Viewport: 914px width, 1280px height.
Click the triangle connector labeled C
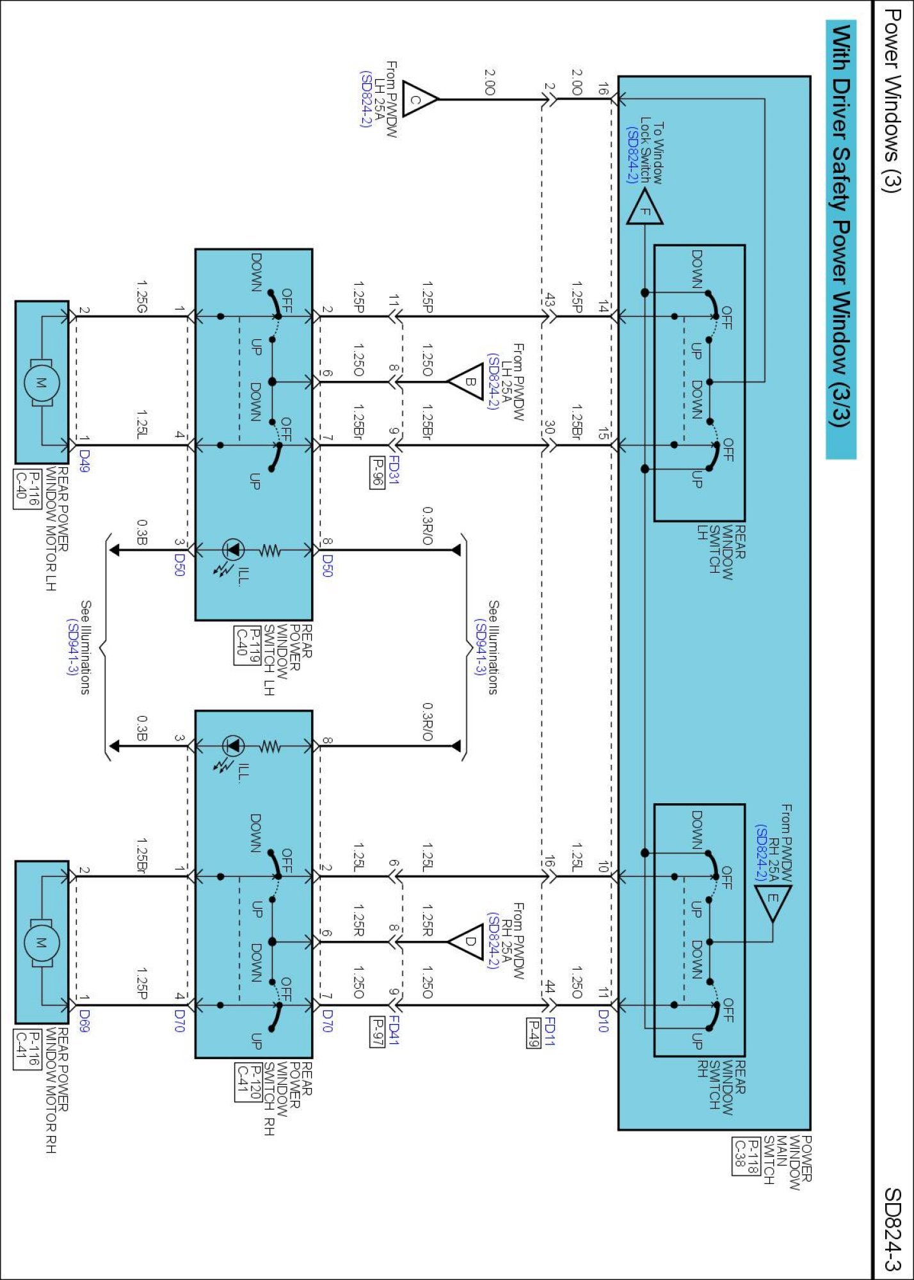coord(418,100)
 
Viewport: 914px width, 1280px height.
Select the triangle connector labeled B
coord(467,382)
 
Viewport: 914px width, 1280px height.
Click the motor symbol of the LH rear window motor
coord(42,382)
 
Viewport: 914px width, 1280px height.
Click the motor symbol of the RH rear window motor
coord(42,942)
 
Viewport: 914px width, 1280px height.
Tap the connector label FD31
coord(394,470)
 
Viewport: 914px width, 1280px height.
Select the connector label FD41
coord(394,1030)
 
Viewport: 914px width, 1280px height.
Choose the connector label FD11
coord(549,1030)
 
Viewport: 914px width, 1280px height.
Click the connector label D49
coord(84,460)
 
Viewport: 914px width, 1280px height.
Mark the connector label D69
coord(84,1020)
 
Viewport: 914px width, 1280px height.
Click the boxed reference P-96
coord(377,472)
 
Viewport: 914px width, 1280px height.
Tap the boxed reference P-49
coord(533,1032)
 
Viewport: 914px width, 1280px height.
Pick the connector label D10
coord(602,1021)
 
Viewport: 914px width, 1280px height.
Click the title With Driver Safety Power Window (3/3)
coord(840,225)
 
